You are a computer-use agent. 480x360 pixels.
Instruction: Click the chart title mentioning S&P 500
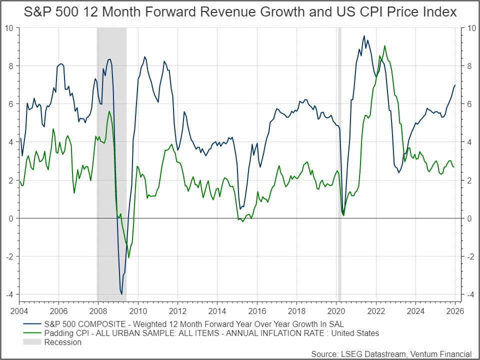pos(240,12)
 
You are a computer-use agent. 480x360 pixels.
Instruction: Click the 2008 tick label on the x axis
pos(98,310)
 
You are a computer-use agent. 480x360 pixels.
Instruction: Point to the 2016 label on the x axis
pos(256,310)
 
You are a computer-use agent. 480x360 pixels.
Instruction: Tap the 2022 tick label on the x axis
pos(375,310)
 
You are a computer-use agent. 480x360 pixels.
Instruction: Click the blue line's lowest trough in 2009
pos(121,294)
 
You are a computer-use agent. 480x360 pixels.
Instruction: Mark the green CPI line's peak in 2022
pos(384,46)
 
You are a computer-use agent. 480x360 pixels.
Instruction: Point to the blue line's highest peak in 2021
pos(364,36)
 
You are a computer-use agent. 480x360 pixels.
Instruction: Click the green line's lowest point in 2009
pos(128,257)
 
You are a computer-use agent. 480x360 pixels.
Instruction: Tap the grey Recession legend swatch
pos(31,342)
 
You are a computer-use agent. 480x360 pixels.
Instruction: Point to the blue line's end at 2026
pos(454,85)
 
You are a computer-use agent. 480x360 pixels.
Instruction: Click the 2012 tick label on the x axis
pos(177,310)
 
